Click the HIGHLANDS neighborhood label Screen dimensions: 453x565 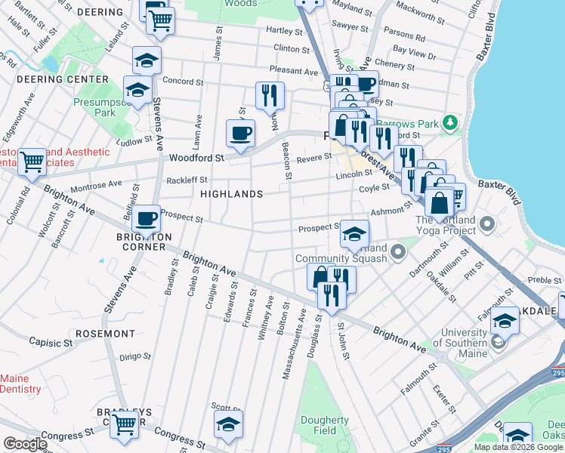click(x=231, y=194)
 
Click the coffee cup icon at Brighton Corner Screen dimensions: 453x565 click(x=146, y=218)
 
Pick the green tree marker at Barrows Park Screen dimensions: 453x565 click(x=451, y=122)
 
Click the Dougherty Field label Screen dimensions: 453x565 click(x=324, y=425)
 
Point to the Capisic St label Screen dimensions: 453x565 click(x=51, y=342)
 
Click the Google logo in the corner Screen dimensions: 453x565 click(x=24, y=444)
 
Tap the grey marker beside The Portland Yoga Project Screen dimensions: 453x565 click(x=487, y=223)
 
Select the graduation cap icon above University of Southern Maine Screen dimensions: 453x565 click(x=505, y=321)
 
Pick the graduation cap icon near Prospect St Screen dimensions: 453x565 click(x=354, y=234)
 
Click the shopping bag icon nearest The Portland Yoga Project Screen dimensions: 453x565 click(x=439, y=202)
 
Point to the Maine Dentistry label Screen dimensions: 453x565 click(x=21, y=384)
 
